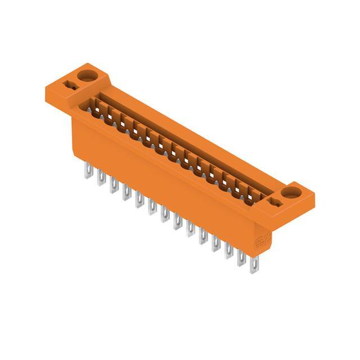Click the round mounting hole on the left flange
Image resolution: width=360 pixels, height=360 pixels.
pos(87,75)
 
